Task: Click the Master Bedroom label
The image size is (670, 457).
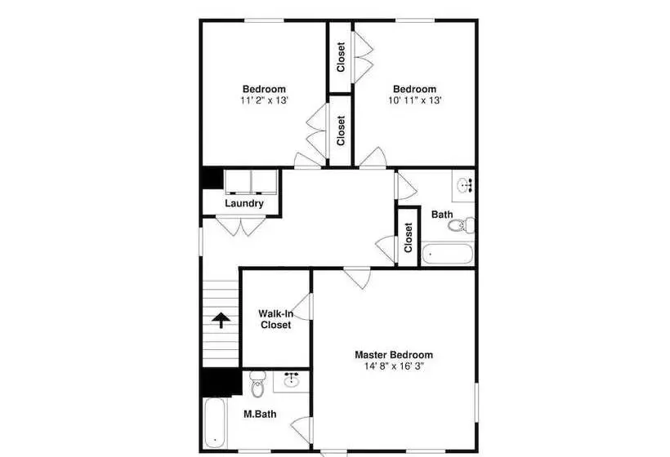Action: point(394,355)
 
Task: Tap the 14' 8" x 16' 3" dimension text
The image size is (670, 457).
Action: point(394,366)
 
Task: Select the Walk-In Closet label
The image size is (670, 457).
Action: point(276,319)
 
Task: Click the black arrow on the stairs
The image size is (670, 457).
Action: point(221,320)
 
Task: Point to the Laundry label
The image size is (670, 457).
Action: point(244,203)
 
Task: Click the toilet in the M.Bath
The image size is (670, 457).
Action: point(257,384)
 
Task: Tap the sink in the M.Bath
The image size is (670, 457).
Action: point(292,379)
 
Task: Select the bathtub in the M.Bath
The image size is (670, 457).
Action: point(215,423)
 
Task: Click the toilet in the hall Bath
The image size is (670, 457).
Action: point(462,225)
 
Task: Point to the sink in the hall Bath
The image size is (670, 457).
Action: point(464,185)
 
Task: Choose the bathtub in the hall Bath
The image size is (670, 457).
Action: point(448,254)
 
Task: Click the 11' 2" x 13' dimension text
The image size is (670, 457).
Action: point(264,100)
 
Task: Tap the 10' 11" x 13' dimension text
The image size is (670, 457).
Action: point(414,100)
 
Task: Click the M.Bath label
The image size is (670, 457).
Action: point(260,414)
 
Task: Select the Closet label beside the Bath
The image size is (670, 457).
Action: point(408,237)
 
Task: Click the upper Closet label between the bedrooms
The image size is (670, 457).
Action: point(341,57)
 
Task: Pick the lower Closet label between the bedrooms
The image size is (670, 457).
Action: point(341,131)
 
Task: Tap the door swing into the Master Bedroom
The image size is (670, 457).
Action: point(357,277)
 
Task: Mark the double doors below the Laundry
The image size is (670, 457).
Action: point(240,227)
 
